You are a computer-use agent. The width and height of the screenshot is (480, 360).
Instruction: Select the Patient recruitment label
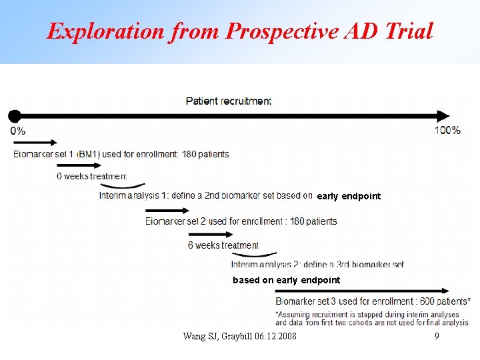point(229,101)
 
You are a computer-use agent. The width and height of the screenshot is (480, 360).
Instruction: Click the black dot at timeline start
point(15,115)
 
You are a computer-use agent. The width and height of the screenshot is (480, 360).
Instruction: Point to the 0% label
point(18,131)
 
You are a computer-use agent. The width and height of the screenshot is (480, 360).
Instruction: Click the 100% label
point(447,130)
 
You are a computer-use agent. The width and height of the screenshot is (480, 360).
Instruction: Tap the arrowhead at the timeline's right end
point(444,115)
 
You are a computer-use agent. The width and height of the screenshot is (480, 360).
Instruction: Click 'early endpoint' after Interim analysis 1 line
point(349,196)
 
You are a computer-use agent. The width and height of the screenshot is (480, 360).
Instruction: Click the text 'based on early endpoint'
point(286,280)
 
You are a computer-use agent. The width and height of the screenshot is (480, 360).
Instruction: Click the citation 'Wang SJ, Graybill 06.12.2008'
point(240,336)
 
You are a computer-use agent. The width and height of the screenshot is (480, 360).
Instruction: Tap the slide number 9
point(437,336)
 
